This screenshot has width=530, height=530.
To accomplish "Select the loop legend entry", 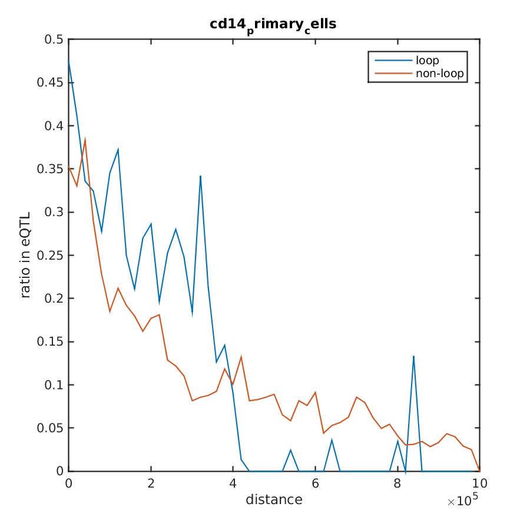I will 427,60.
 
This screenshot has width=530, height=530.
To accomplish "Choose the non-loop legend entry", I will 439,74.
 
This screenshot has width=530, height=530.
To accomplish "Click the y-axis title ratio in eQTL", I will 25,256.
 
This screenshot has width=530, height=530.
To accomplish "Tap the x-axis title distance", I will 274,500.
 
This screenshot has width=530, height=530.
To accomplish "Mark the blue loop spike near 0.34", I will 200,176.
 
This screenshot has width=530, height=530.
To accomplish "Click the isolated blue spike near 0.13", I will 414,356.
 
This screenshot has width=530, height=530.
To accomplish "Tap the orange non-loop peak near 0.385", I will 85,140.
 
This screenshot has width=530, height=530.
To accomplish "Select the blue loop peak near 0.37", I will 118,150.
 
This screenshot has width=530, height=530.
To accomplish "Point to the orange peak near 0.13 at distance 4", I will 241,357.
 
